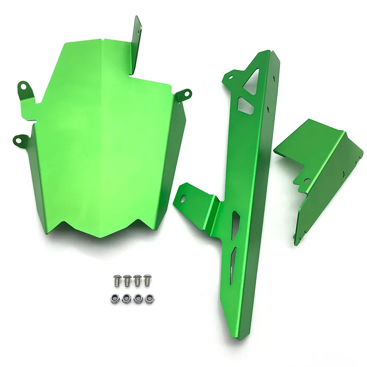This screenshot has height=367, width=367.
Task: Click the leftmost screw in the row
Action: coord(117,280)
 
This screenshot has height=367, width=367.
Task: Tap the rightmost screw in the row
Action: coord(148,280)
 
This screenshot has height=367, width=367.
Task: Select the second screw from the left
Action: coord(127,280)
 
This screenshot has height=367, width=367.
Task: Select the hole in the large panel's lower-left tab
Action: coord(19,139)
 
